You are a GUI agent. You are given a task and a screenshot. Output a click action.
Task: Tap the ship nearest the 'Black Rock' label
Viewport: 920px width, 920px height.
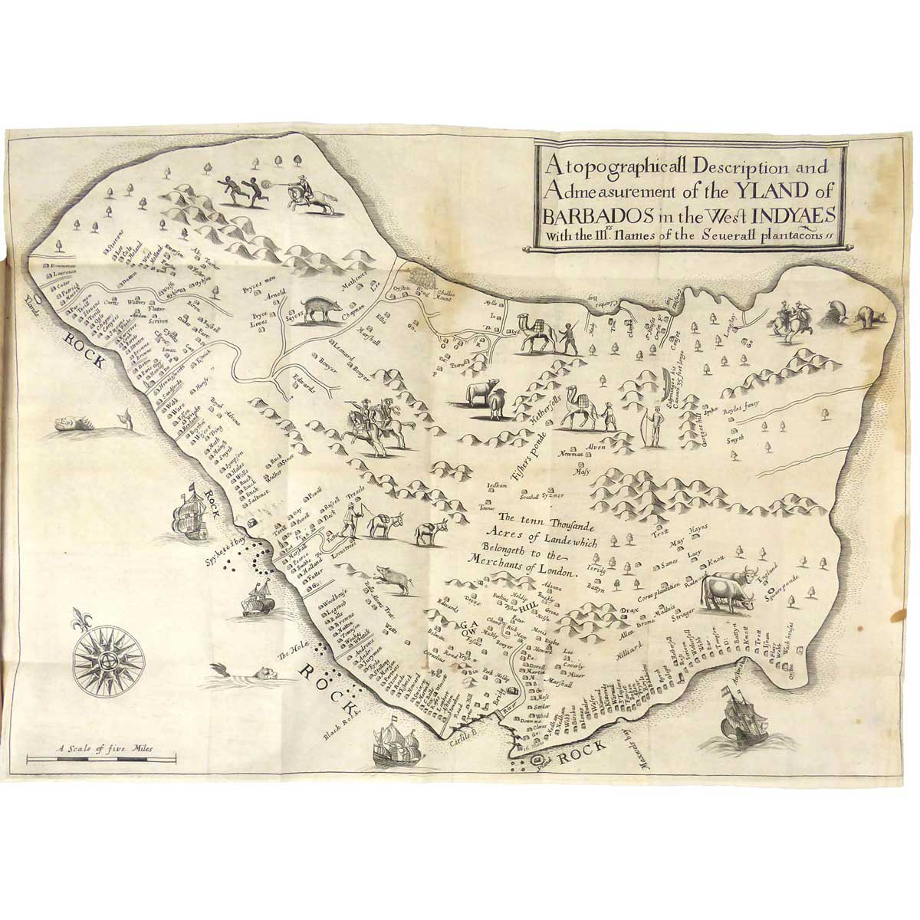click(x=392, y=742)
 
